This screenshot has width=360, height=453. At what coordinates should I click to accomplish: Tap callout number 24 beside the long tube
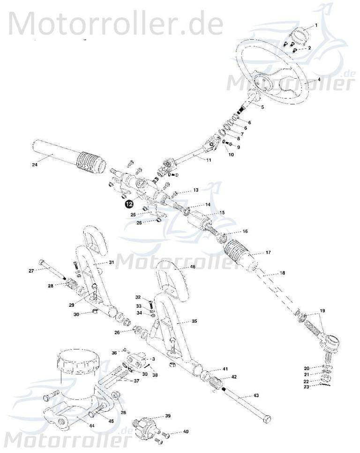34,164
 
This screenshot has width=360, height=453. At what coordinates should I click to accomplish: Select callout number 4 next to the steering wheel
319,80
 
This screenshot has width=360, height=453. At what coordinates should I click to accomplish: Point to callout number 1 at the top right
316,24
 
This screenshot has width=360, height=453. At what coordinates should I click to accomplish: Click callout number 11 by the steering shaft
209,160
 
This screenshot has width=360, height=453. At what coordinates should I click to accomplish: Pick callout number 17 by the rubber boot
268,252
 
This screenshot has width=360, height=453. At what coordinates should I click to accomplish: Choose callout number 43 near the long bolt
256,396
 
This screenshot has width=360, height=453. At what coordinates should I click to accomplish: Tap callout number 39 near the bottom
168,416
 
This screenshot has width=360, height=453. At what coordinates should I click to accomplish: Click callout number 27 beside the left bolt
31,271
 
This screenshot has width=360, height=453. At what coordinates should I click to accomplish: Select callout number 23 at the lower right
307,387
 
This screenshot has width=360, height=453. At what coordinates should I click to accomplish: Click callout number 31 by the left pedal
111,262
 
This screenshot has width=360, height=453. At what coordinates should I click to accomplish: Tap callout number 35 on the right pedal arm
195,322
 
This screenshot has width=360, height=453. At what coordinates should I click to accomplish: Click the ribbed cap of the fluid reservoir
78,361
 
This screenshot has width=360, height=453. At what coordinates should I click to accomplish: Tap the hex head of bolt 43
266,418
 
